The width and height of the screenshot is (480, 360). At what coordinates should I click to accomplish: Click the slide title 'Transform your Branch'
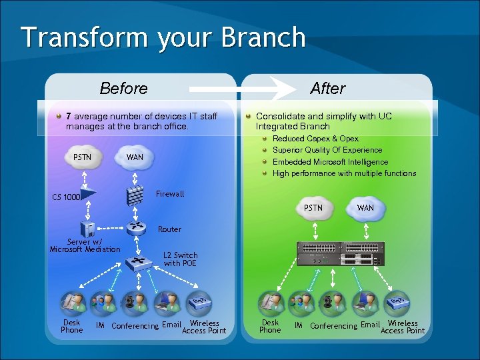163,37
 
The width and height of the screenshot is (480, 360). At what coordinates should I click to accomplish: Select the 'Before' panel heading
123,88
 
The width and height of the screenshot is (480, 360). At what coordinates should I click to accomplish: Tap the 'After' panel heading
327,88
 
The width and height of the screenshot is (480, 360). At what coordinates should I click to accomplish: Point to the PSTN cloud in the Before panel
83,157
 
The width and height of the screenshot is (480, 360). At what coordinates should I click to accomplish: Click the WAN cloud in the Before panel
135,157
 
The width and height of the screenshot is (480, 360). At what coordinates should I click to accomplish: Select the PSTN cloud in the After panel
313,207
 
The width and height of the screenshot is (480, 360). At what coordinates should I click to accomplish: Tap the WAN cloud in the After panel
365,207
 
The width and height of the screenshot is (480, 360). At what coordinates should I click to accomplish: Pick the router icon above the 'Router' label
137,227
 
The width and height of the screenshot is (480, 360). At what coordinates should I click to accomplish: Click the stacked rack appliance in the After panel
341,254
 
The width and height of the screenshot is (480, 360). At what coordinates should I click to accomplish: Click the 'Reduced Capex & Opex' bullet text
315,139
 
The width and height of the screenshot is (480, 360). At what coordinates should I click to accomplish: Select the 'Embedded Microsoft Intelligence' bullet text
330,162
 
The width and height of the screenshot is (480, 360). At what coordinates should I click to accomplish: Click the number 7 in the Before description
69,117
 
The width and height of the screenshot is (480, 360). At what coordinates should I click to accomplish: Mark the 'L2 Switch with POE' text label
180,259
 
